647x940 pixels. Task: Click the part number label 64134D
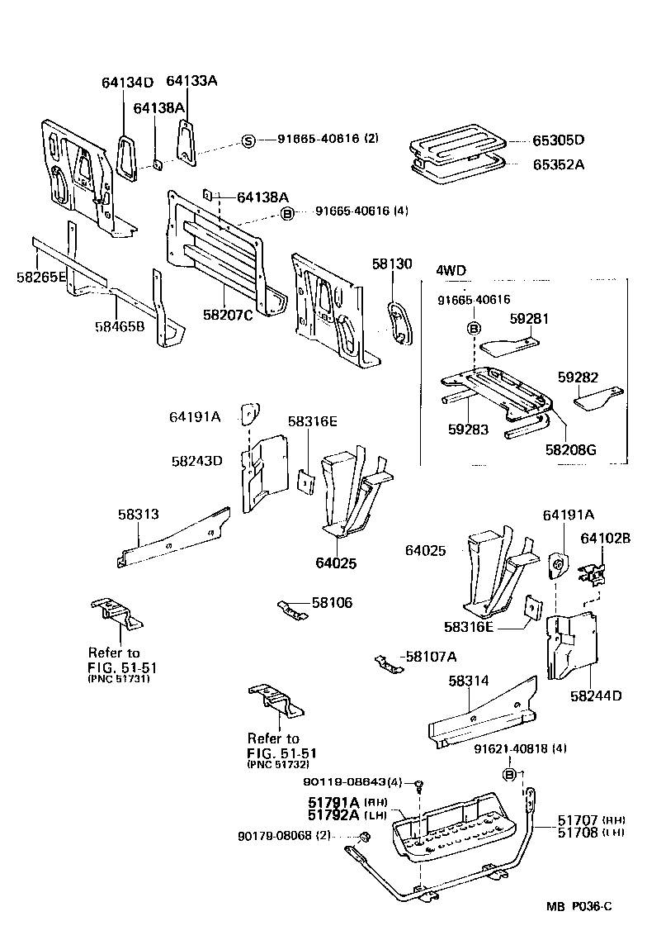coord(127,82)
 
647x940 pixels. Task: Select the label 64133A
coord(191,80)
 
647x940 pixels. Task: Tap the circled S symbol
coord(248,140)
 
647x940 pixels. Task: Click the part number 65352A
coord(556,164)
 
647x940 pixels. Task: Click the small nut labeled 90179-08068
coord(361,838)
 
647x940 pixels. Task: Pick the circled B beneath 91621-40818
coord(509,774)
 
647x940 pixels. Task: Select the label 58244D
coord(594,696)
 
